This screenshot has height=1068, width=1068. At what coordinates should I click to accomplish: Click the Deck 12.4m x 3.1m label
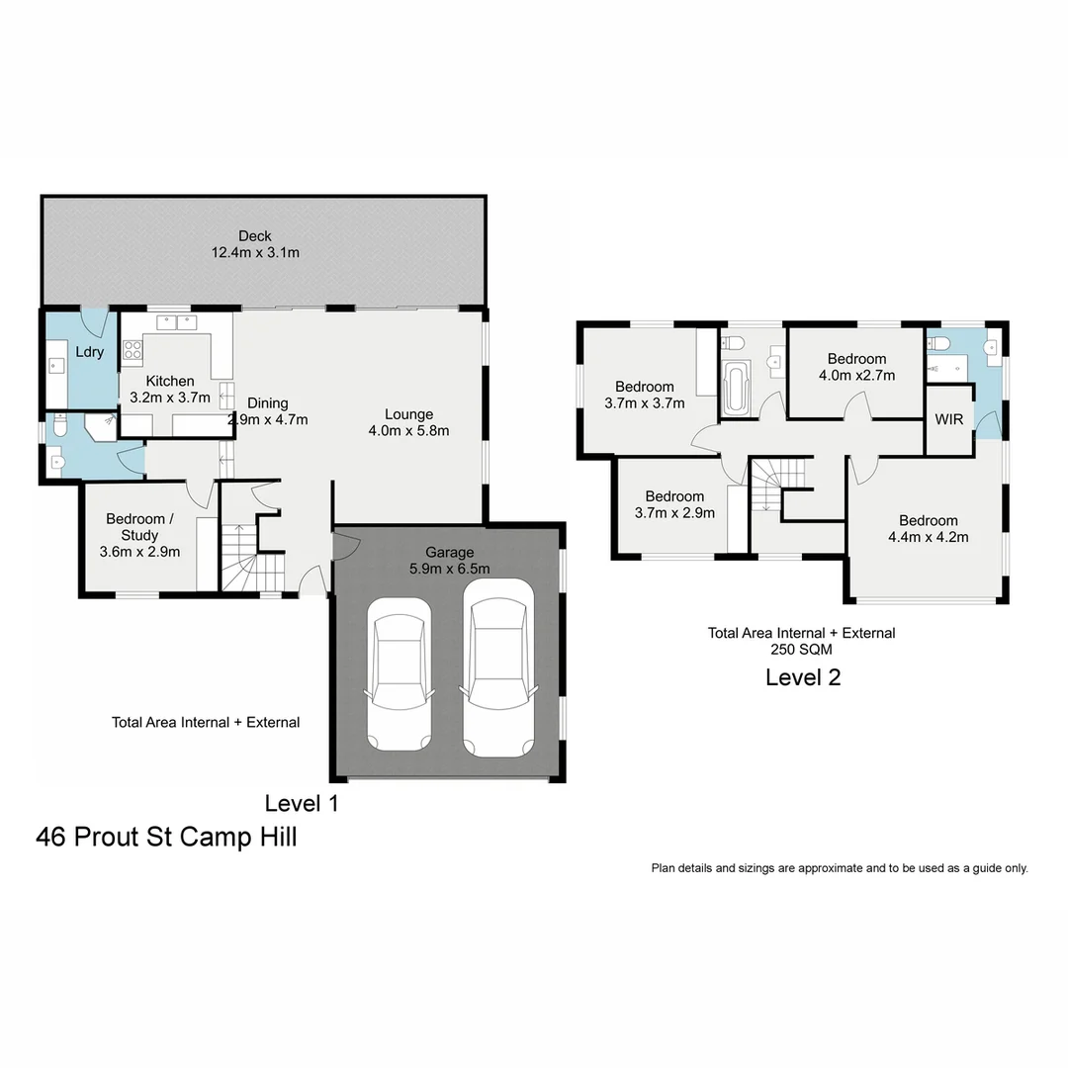click(x=255, y=244)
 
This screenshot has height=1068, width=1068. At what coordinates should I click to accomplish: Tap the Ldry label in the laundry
click(x=89, y=352)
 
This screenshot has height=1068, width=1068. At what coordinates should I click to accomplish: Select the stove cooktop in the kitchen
click(x=133, y=351)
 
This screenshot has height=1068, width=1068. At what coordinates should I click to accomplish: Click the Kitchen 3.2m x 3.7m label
click(x=170, y=390)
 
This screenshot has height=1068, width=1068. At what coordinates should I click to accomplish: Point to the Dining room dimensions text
click(x=268, y=419)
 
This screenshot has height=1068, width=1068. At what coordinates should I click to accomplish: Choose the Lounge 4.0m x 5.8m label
click(x=408, y=422)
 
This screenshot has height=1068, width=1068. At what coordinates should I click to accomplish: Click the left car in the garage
click(x=399, y=675)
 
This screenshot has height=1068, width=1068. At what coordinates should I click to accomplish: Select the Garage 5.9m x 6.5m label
click(x=450, y=560)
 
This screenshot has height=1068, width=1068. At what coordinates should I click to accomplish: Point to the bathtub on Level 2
click(x=737, y=390)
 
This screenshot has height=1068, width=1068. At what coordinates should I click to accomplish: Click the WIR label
click(x=948, y=419)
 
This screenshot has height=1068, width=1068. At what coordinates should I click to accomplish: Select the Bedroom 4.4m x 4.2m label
click(x=928, y=529)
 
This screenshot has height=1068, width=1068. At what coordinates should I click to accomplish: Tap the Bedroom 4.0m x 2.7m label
click(x=856, y=367)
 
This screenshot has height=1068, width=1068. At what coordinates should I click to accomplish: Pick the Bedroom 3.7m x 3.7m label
click(x=644, y=395)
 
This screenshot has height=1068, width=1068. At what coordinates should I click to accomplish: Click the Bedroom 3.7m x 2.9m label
click(x=674, y=504)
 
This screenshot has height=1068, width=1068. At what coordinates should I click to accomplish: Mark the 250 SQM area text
click(x=801, y=650)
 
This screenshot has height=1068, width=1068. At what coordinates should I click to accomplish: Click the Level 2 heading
click(x=803, y=677)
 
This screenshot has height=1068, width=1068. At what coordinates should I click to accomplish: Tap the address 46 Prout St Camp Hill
click(x=166, y=838)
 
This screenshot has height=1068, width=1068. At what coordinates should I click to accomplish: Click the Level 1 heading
click(x=302, y=803)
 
